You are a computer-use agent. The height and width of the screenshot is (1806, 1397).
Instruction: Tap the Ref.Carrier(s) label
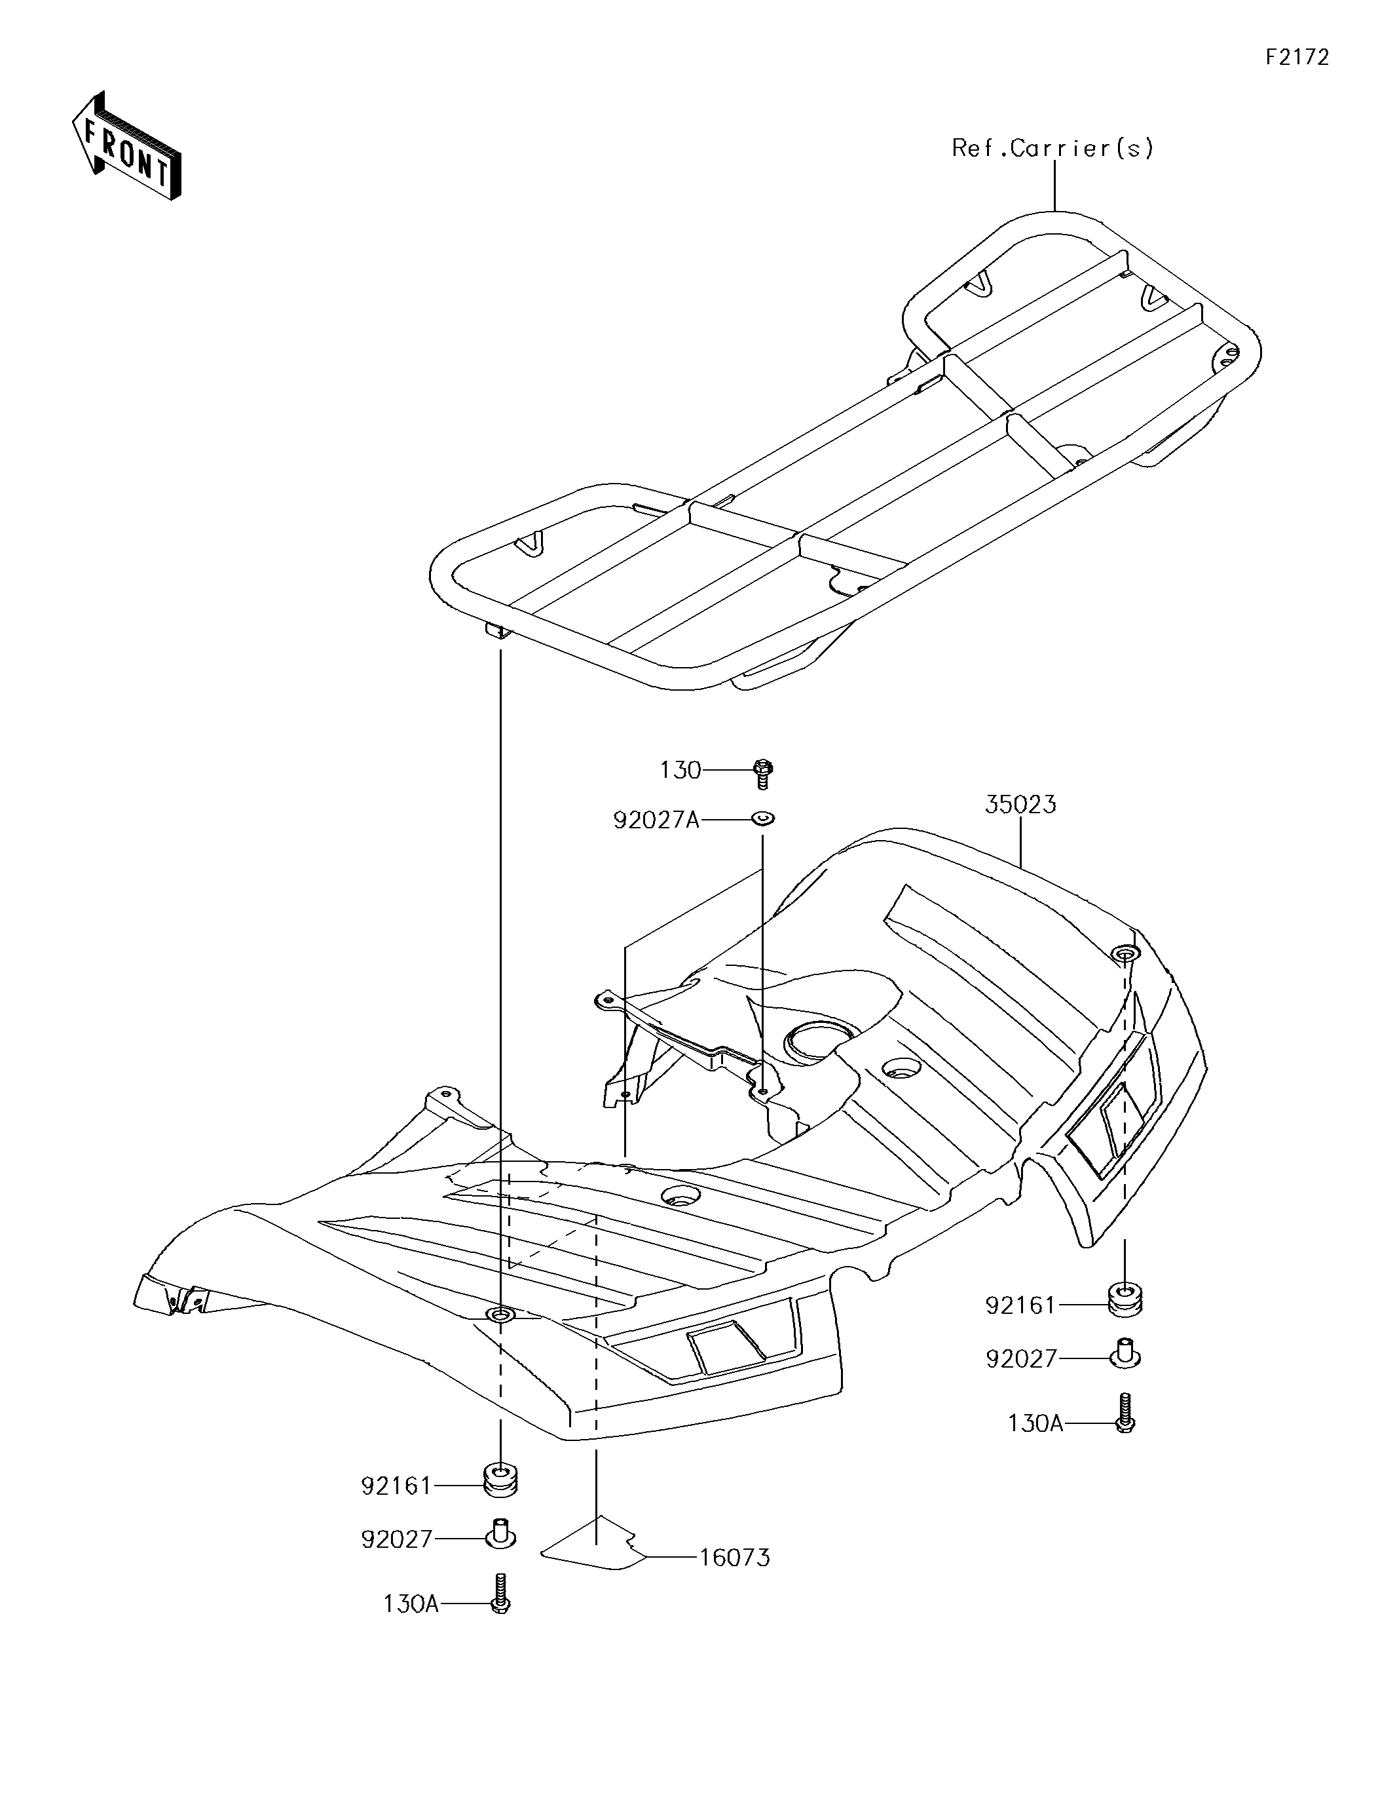click(x=1052, y=148)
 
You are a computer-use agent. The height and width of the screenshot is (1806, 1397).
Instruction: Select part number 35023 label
click(x=1020, y=805)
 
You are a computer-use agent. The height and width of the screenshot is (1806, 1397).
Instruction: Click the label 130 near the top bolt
click(x=679, y=771)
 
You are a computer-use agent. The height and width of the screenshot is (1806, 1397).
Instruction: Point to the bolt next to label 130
click(x=763, y=773)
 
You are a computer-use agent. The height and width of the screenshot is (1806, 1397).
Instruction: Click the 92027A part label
click(x=656, y=820)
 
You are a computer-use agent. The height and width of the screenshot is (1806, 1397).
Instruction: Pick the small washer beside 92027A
click(x=762, y=818)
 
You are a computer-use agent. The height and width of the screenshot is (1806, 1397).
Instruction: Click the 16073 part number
click(x=734, y=1558)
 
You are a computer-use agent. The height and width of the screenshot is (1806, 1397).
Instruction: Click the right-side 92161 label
click(x=1021, y=1306)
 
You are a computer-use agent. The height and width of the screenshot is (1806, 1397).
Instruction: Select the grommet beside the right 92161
click(x=1124, y=1300)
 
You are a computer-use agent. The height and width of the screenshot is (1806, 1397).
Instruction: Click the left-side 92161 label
click(x=397, y=1486)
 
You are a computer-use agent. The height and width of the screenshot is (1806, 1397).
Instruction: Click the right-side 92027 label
click(x=1022, y=1358)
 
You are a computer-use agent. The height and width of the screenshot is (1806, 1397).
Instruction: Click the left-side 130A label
click(x=411, y=1604)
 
